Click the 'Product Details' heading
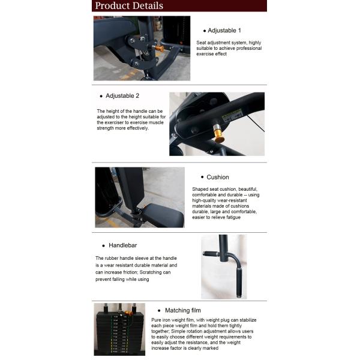coord(129,6)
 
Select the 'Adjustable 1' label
coord(224,30)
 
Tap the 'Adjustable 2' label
coord(122,95)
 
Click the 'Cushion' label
coord(217,177)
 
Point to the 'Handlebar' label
coord(124,245)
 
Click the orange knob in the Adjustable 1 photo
coord(160,48)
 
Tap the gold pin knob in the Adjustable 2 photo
coord(219,133)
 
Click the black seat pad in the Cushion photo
coord(163,214)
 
